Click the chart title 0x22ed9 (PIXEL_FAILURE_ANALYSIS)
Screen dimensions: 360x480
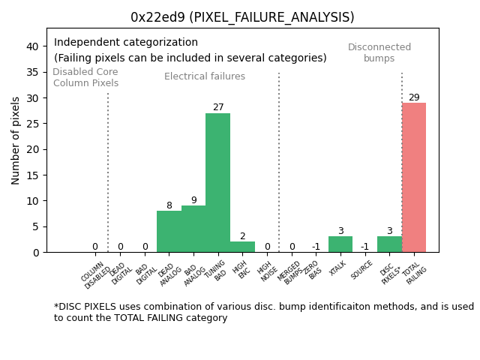242,17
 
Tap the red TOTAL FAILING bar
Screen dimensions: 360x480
413,177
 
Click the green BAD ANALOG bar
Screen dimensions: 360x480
193,229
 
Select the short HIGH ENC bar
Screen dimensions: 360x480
242,247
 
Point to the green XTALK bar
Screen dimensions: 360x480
340,244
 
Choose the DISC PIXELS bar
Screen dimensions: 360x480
389,244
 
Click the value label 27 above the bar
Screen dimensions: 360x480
218,107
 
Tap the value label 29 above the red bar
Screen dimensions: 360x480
414,97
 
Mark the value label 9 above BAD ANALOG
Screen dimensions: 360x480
193,200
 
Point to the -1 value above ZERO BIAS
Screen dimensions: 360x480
316,247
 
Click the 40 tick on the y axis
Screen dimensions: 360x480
33,46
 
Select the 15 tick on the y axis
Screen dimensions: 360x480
33,175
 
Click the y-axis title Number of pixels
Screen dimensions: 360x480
16,140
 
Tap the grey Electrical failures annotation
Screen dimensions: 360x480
205,76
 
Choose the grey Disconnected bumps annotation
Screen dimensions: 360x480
379,52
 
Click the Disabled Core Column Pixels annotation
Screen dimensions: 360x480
85,77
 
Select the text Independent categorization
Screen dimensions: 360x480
126,43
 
